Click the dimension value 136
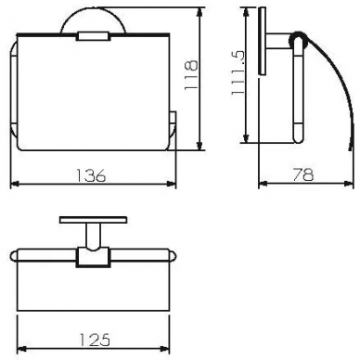91,175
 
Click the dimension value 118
191,75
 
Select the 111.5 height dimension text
238,73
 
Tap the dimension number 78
303,174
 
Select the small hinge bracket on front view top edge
93,36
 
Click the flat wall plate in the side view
263,41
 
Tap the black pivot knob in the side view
298,40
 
